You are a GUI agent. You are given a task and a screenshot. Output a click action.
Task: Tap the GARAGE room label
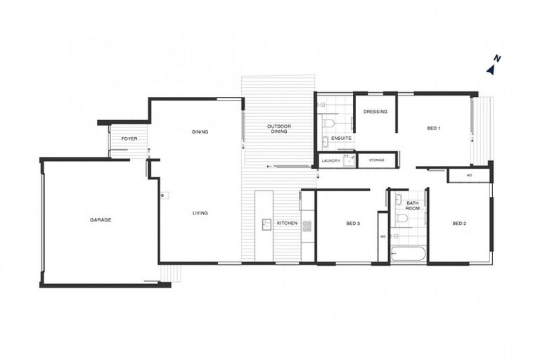101,220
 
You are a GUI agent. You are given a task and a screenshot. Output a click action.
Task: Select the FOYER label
129,139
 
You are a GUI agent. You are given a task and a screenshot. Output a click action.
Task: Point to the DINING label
198,131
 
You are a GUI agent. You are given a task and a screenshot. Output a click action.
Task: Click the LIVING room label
200,213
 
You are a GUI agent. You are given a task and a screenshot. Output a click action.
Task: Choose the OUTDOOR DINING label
279,129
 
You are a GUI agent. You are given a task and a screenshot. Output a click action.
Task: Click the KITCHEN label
286,224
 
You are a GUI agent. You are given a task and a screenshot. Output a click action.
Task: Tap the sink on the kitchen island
266,224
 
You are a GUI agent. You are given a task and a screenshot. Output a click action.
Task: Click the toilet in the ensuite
328,124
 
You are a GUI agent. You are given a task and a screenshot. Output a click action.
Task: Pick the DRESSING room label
375,111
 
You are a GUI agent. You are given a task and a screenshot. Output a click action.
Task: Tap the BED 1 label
434,128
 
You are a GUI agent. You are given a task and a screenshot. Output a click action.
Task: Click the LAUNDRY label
330,160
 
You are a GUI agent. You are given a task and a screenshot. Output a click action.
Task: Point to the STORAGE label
376,160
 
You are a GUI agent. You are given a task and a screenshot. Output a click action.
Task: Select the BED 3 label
353,224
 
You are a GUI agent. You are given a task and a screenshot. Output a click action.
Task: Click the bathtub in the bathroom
408,253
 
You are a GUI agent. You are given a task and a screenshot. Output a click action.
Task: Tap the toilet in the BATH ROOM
402,219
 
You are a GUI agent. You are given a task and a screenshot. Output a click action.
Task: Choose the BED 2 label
459,224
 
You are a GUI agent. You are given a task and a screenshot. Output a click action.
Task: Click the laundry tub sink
347,160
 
